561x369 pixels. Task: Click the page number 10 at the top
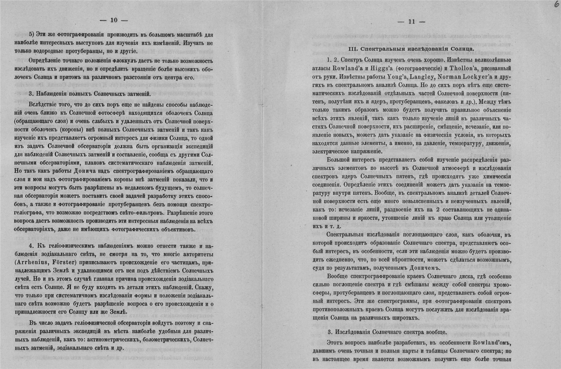pos(114,20)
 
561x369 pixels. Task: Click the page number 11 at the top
pos(411,22)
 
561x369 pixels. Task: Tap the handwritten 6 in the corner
pos(556,5)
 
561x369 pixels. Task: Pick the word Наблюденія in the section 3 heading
pos(51,94)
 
